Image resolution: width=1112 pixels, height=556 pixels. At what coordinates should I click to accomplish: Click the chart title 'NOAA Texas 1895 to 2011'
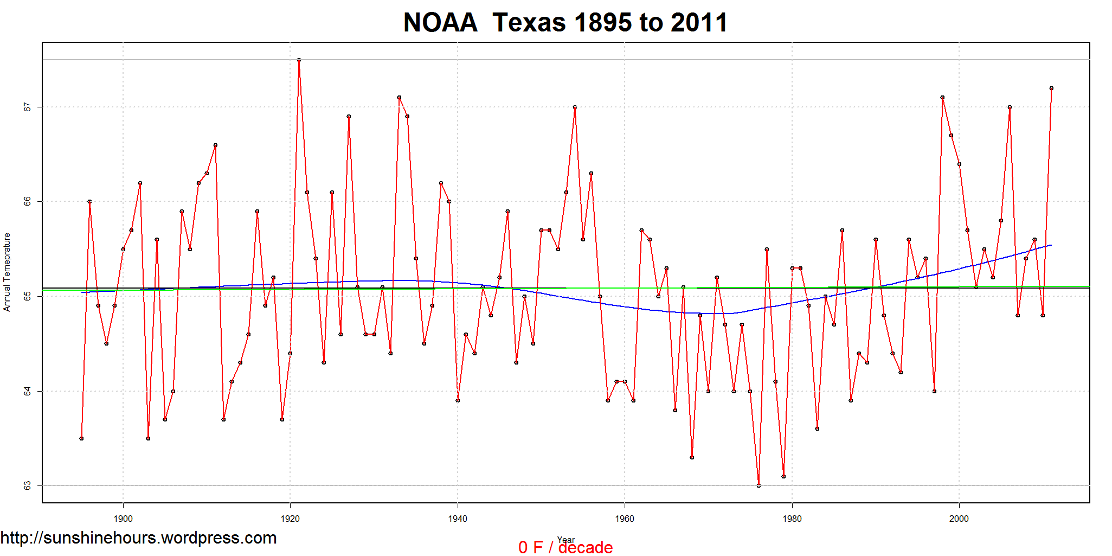(565, 23)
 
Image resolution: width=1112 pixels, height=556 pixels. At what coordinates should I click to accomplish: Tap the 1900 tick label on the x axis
(123, 519)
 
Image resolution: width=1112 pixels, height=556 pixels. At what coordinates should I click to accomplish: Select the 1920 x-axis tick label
(290, 519)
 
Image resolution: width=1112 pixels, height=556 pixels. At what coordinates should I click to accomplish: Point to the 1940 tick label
(458, 519)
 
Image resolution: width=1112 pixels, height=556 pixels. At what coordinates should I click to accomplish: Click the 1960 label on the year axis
(625, 519)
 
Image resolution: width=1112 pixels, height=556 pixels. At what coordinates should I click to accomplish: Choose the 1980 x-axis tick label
(792, 519)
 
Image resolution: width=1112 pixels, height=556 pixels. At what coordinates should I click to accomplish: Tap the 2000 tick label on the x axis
(959, 519)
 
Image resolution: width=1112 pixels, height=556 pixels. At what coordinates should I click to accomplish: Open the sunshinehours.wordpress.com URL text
(139, 538)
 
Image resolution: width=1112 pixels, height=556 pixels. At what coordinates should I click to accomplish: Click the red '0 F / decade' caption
(565, 547)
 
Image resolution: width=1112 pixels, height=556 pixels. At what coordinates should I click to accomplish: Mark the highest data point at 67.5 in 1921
(299, 60)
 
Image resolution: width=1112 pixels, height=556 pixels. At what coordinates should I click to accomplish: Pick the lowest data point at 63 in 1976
(759, 485)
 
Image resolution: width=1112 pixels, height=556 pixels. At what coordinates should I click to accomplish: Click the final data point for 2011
(1051, 88)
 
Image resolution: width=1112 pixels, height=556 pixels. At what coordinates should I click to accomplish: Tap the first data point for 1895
(81, 438)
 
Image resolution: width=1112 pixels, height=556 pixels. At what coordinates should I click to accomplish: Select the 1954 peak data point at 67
(575, 107)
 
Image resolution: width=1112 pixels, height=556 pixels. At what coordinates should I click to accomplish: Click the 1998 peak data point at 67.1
(942, 98)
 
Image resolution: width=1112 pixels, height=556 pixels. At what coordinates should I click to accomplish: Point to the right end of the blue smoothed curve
(1051, 245)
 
